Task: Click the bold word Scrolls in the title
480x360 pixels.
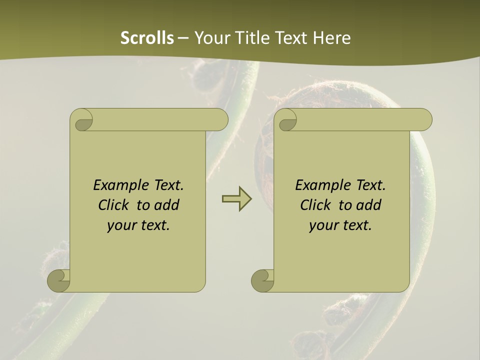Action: coord(147,38)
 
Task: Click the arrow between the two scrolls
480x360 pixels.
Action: coord(236,198)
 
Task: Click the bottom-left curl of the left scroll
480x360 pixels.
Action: coord(58,280)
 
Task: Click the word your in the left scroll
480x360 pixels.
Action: coord(121,225)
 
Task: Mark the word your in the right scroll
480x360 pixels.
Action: coord(323,225)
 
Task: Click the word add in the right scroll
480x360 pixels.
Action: coord(369,205)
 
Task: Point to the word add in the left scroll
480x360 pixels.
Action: coord(167,205)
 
